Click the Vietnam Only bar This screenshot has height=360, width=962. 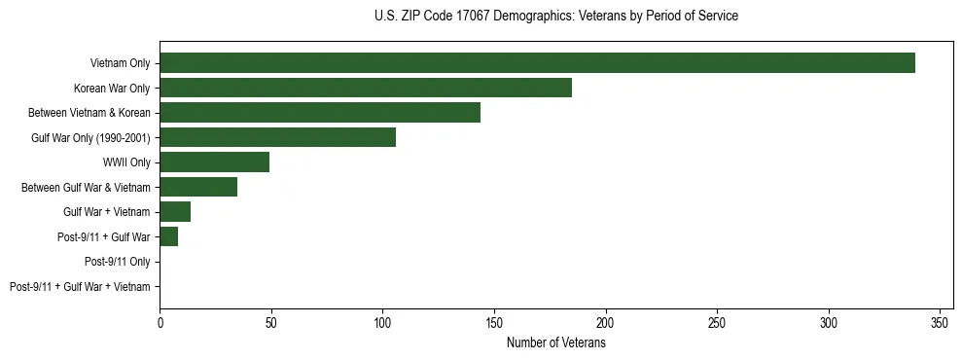click(537, 63)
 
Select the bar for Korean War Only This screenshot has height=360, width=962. click(366, 88)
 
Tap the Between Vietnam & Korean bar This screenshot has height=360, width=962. click(320, 113)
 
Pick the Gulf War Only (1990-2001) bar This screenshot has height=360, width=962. click(277, 137)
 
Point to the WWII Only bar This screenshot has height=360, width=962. click(214, 162)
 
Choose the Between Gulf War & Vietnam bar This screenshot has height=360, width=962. click(198, 187)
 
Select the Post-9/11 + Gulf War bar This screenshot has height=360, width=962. click(169, 236)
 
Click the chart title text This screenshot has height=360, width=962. click(555, 17)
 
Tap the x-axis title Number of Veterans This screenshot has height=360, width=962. click(555, 343)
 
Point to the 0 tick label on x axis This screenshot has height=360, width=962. click(160, 322)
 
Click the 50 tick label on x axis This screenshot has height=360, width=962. click(271, 322)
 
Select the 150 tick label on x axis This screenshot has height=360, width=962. click(494, 322)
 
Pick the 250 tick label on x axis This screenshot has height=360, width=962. click(717, 322)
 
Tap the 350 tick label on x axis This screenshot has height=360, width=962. click(940, 322)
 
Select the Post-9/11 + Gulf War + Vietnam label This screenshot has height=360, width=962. click(80, 287)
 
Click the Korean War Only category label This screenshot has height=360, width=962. click(112, 89)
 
